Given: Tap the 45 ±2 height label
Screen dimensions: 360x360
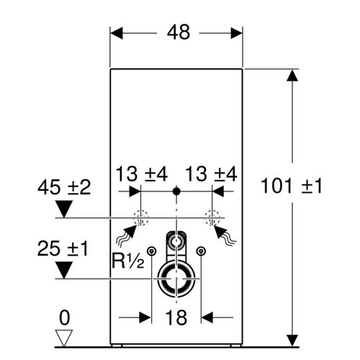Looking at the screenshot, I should pyautogui.click(x=65, y=188).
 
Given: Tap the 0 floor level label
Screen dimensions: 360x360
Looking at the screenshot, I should pyautogui.click(x=65, y=316).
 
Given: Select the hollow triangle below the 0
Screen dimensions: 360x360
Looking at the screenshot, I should pyautogui.click(x=65, y=336).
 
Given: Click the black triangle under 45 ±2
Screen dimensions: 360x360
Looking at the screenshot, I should pyautogui.click(x=65, y=210).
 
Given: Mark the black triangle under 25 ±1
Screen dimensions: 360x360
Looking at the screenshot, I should pyautogui.click(x=65, y=271).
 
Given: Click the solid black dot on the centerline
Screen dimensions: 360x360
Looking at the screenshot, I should pyautogui.click(x=176, y=192).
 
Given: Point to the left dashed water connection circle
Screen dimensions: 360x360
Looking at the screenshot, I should pyautogui.click(x=142, y=217).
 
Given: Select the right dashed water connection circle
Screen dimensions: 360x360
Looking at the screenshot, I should pyautogui.click(x=212, y=217).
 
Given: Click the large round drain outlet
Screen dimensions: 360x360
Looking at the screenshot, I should pyautogui.click(x=176, y=279).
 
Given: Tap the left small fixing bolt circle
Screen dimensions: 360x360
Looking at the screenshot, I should pyautogui.click(x=152, y=251).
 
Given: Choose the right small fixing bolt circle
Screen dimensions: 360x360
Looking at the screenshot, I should pyautogui.click(x=201, y=251).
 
